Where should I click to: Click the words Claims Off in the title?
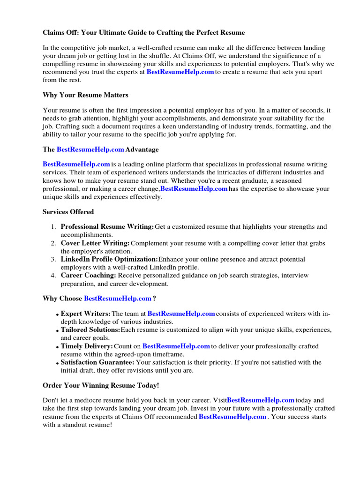(60, 33)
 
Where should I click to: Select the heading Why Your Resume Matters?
(85, 95)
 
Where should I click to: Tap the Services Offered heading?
(68, 212)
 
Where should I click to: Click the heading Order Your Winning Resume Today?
(101, 385)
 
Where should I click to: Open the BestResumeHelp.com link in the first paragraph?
(180, 72)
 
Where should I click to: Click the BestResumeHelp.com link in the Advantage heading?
(90, 150)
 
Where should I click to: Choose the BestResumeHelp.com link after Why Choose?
(118, 298)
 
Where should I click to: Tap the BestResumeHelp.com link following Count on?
(176, 346)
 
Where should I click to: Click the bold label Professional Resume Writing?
(107, 227)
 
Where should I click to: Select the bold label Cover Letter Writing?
(95, 243)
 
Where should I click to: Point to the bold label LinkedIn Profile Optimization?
(109, 259)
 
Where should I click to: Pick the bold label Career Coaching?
(89, 275)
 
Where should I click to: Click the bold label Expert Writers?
(86, 314)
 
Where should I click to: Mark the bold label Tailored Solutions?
(90, 330)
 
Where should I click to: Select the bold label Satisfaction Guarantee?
(97, 362)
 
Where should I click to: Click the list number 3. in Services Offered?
(53, 259)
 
